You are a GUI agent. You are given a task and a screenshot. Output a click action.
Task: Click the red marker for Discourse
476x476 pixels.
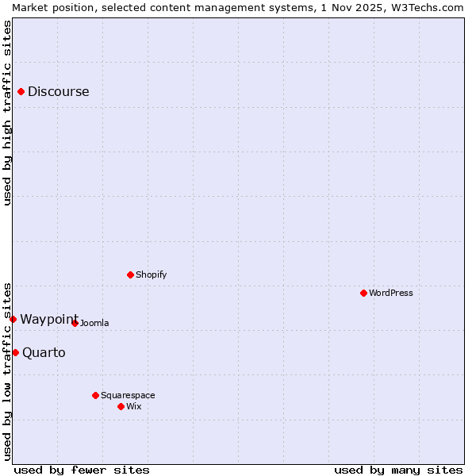click(x=21, y=92)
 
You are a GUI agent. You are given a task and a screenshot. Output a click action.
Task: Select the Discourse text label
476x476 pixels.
click(x=59, y=92)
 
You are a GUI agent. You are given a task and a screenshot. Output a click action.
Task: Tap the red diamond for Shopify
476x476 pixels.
click(x=130, y=275)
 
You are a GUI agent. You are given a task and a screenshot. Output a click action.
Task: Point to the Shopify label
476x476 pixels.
click(x=151, y=275)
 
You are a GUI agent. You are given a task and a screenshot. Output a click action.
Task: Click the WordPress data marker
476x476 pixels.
click(x=363, y=294)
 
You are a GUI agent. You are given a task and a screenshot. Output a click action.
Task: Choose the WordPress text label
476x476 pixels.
click(x=391, y=294)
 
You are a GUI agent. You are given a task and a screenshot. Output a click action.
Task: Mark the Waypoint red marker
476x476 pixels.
click(x=13, y=319)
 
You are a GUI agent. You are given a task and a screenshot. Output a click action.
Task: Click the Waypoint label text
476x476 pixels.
click(x=49, y=320)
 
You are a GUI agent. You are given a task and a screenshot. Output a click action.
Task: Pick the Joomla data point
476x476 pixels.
click(x=75, y=323)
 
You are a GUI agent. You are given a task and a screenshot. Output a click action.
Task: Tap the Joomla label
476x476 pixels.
click(x=94, y=324)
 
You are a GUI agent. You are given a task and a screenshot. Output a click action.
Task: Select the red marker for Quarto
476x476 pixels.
click(x=15, y=352)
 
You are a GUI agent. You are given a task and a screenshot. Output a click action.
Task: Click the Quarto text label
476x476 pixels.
click(x=44, y=353)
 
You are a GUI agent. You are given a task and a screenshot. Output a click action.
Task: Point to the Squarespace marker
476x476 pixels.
click(x=95, y=395)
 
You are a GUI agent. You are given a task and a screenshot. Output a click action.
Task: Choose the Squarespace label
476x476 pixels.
click(x=128, y=396)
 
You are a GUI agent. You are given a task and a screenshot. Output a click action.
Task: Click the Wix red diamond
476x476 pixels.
click(x=121, y=406)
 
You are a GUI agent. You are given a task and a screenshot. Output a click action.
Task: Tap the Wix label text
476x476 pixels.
click(x=134, y=407)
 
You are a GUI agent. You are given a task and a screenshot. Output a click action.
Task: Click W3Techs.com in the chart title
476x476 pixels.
click(x=425, y=7)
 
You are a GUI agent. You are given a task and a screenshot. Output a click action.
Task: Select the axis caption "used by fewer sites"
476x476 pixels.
click(x=82, y=470)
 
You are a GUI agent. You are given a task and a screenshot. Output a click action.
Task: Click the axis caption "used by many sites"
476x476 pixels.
click(x=398, y=470)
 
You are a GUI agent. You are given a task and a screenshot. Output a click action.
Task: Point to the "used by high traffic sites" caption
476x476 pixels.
click(x=7, y=113)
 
